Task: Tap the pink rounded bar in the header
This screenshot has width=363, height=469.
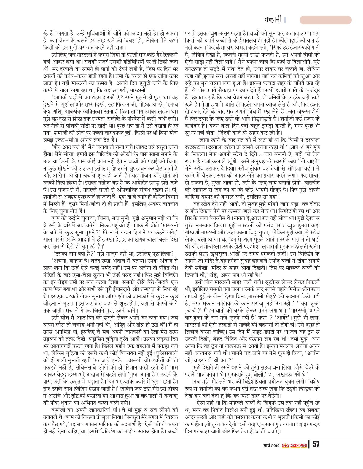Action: click(325, 20)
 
